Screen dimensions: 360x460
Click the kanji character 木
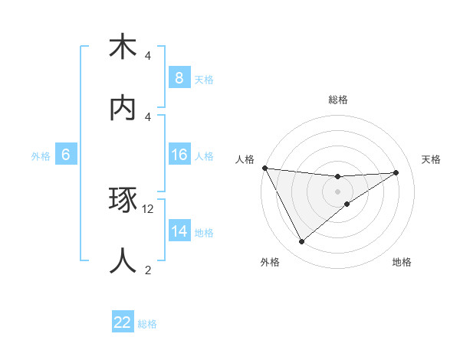[123, 47]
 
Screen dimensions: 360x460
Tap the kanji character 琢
[123, 201]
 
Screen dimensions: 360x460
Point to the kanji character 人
[123, 260]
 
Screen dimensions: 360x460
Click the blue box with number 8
[179, 77]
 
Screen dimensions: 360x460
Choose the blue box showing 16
[179, 155]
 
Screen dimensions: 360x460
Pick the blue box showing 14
[179, 231]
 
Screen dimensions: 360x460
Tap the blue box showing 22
[123, 322]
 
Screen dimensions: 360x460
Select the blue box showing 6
[66, 155]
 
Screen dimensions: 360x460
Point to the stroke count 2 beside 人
[148, 269]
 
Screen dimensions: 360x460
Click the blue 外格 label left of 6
[41, 155]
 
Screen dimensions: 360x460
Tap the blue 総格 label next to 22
[147, 324]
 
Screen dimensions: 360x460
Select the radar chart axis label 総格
[338, 100]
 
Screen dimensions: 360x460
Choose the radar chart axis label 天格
[432, 159]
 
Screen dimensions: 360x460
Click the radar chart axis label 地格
[402, 262]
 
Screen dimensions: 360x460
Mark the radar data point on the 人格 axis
[264, 168]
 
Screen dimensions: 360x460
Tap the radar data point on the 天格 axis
[396, 172]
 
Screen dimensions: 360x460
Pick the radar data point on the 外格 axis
[301, 242]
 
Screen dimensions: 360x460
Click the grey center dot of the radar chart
[338, 191]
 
